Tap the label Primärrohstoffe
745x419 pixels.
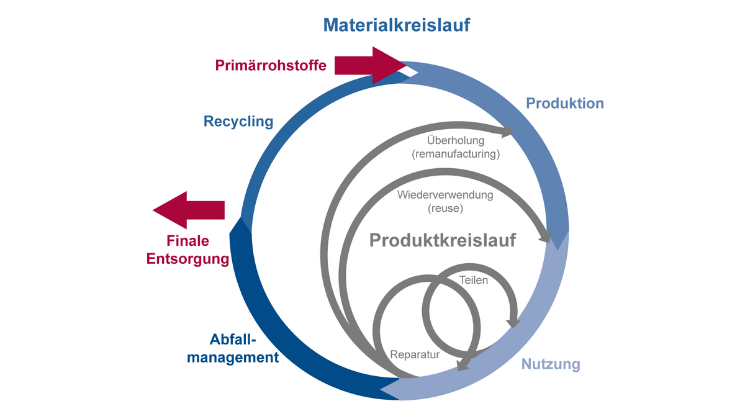click(x=271, y=65)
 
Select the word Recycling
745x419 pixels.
click(x=238, y=121)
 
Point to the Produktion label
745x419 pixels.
click(x=565, y=103)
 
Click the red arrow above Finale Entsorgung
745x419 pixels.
click(x=189, y=210)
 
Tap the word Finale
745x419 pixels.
click(x=187, y=241)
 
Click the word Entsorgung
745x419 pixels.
click(x=187, y=259)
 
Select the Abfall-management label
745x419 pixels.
click(x=233, y=349)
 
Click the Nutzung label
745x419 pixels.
click(x=551, y=364)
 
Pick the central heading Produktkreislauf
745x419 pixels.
click(x=443, y=240)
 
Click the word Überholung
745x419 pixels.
click(x=456, y=141)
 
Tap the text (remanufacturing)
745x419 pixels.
click(x=456, y=153)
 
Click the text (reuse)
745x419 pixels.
click(x=445, y=208)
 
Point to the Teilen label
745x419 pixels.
click(x=474, y=280)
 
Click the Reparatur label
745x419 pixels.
click(x=415, y=355)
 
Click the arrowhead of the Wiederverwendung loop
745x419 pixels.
click(x=546, y=237)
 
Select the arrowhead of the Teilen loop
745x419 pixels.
click(x=513, y=322)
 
